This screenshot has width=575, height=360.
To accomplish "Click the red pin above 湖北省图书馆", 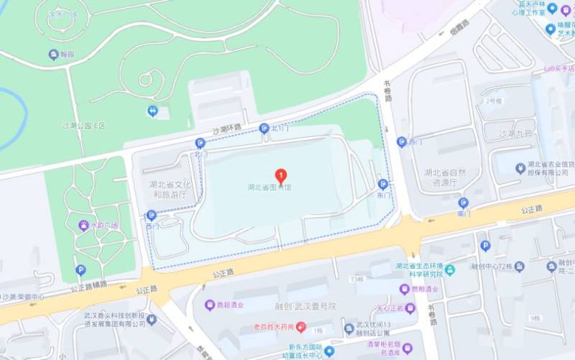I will click(x=281, y=175).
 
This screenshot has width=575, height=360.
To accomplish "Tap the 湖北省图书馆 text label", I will click(x=270, y=188).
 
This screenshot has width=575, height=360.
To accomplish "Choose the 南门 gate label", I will click(x=464, y=213).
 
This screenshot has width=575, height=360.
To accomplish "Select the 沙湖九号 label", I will click(x=516, y=134).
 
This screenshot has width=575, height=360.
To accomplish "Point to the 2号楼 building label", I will click(x=492, y=100).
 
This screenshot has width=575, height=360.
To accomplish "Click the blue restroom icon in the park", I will click(x=152, y=111).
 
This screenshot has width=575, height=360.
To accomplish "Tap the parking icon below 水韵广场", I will click(x=80, y=270).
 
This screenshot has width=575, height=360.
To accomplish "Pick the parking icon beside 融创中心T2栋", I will click(x=485, y=246).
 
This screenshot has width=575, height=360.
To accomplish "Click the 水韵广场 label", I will click(x=104, y=225).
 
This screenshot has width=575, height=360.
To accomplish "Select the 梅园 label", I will click(x=67, y=55).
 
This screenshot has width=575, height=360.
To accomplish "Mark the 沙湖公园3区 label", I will click(x=83, y=126).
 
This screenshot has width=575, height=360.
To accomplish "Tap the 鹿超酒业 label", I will click(x=229, y=305).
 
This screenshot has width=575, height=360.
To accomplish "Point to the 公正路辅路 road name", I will click(x=89, y=285).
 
